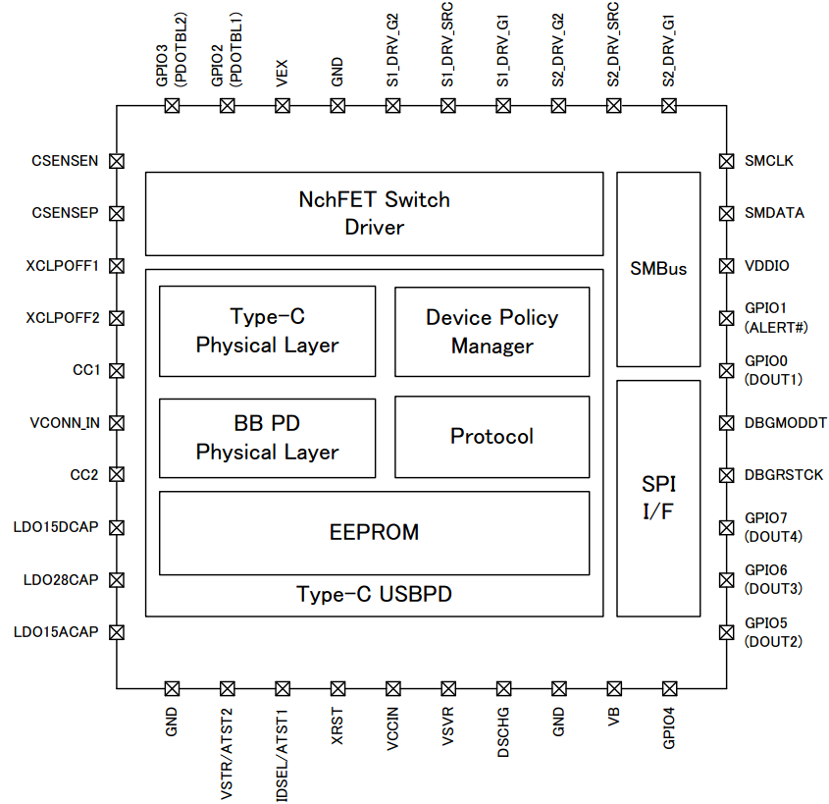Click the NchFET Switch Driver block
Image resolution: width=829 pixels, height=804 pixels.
[x=374, y=213]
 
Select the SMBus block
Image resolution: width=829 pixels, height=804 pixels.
[x=658, y=269]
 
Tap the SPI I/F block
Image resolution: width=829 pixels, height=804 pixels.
[x=658, y=497]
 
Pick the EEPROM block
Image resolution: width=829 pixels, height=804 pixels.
[x=374, y=532]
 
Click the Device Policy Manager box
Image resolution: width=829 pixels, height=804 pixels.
[x=492, y=331]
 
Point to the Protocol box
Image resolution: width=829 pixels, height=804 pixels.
[x=492, y=436]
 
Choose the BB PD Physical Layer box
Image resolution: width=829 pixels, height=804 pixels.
[x=267, y=438]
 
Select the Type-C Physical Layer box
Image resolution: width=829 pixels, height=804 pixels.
[x=267, y=331]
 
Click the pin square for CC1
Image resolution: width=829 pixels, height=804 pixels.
[x=117, y=370]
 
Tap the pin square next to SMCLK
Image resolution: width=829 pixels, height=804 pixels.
[x=727, y=160]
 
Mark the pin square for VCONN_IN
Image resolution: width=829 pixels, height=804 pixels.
[x=117, y=423]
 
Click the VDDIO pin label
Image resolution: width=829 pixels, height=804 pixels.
[x=766, y=265]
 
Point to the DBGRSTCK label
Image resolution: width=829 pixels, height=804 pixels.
[x=784, y=475]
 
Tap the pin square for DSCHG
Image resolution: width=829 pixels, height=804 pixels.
[x=504, y=688]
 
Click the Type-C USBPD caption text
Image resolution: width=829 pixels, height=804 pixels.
[x=374, y=595]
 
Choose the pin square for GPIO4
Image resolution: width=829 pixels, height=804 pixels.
[x=670, y=688]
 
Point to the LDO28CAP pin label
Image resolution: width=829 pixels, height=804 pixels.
[x=61, y=580]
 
